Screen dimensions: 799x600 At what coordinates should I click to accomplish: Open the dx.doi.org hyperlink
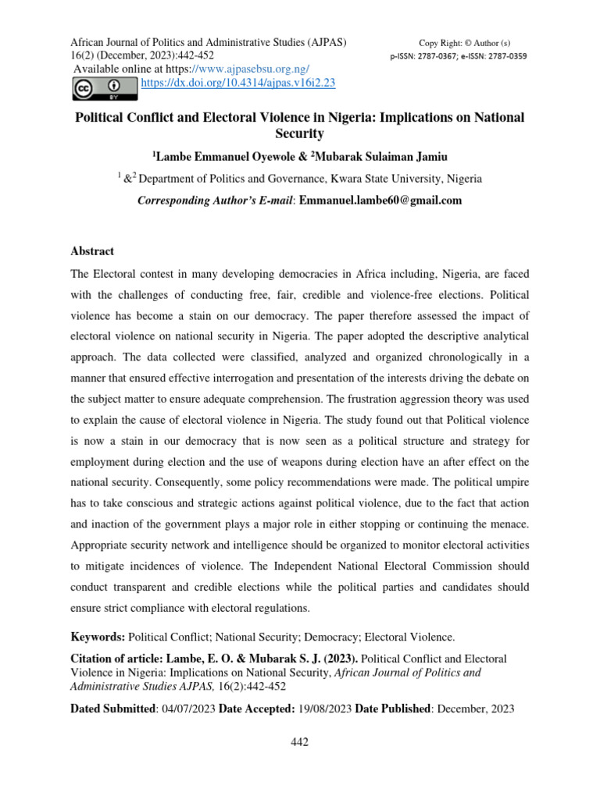click(238, 81)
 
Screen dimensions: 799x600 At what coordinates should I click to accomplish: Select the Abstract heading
click(92, 251)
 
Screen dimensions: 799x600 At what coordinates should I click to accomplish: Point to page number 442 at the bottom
click(300, 742)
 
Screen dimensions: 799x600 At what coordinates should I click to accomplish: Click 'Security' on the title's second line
click(300, 133)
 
